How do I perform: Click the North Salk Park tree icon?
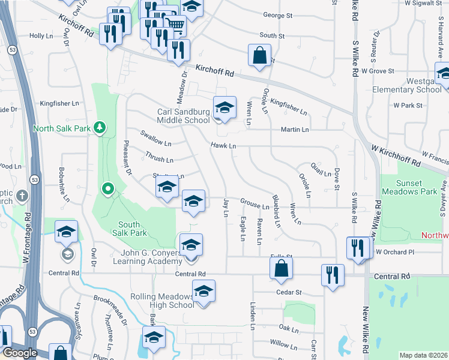pyautogui.click(x=100, y=127)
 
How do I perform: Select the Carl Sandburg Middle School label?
pyautogui.click(x=184, y=116)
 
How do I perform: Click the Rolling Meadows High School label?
pyautogui.click(x=163, y=301)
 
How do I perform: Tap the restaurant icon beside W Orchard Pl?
pyautogui.click(x=358, y=247)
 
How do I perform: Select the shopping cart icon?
pyautogui.click(x=174, y=23)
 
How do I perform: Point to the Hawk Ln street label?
pyautogui.click(x=223, y=146)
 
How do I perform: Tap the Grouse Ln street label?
pyautogui.click(x=255, y=206)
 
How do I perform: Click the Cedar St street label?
pyautogui.click(x=289, y=292)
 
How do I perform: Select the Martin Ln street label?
pyautogui.click(x=295, y=129)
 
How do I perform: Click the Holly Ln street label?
pyautogui.click(x=41, y=36)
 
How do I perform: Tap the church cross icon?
pyautogui.click(x=22, y=196)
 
